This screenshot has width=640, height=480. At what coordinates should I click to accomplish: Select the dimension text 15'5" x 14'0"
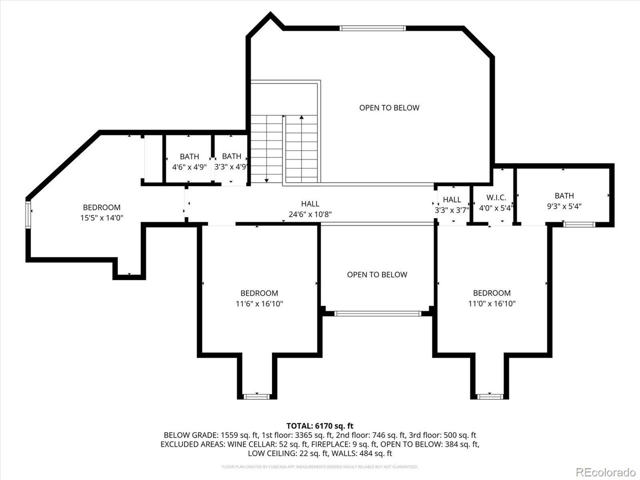tap(101, 217)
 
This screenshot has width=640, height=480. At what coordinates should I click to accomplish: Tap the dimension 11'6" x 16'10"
tap(259, 303)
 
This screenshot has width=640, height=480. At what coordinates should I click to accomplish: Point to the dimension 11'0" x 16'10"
tap(492, 303)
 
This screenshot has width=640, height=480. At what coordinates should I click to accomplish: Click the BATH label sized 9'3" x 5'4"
tap(564, 195)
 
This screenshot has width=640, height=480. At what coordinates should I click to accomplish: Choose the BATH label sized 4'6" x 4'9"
tap(189, 156)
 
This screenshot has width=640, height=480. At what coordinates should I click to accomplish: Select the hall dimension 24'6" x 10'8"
tap(310, 214)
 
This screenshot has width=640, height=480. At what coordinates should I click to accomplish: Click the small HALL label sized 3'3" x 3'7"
tap(452, 199)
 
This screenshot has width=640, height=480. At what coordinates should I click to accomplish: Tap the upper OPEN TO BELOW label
tap(389, 107)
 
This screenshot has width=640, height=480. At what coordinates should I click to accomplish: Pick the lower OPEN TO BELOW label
tap(377, 274)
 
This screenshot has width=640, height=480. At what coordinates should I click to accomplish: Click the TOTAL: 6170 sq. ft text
tap(319, 425)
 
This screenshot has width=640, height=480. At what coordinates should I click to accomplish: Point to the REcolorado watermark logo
tap(605, 471)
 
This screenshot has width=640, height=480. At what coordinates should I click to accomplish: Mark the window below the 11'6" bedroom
tap(256, 396)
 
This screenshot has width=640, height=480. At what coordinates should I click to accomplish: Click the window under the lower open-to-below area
tap(377, 313)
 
